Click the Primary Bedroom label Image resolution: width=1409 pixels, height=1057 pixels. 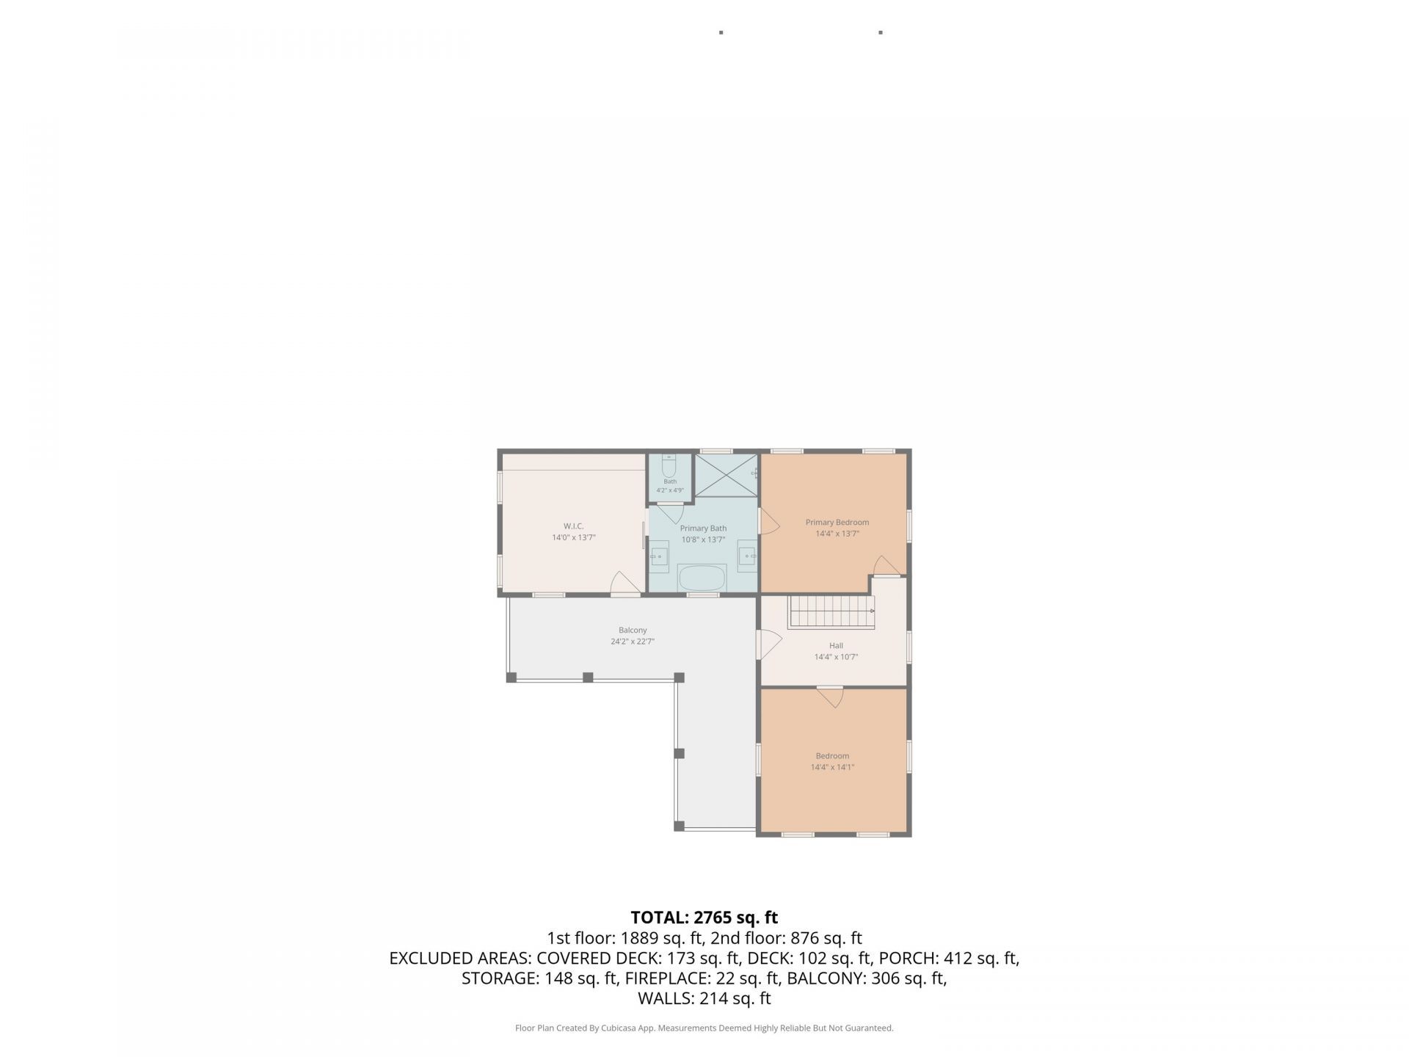tap(837, 523)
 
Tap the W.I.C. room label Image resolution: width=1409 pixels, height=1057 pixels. tap(573, 526)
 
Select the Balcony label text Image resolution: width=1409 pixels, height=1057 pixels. tap(633, 630)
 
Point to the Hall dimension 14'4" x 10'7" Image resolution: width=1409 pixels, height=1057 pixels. tap(836, 657)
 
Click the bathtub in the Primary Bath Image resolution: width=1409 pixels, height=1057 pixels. tap(702, 577)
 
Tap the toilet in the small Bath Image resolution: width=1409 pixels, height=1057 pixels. tap(669, 466)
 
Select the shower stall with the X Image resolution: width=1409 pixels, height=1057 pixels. tap(725, 476)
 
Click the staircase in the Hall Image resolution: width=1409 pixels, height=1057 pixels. tap(832, 612)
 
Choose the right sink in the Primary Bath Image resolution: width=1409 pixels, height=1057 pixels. tap(748, 556)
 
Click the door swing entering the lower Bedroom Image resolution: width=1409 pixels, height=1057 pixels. tap(830, 697)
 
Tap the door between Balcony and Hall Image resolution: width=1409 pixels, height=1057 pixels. tap(769, 644)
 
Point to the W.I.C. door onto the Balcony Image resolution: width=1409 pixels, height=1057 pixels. tap(625, 584)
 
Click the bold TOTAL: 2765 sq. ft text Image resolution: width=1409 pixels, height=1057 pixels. tap(704, 918)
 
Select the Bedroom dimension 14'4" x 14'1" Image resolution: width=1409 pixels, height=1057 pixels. tap(832, 767)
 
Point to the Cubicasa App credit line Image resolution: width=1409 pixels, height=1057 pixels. tap(704, 1028)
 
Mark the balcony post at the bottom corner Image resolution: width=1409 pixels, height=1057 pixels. tap(679, 826)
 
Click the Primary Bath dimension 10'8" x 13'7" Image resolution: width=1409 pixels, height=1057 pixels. tap(703, 540)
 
